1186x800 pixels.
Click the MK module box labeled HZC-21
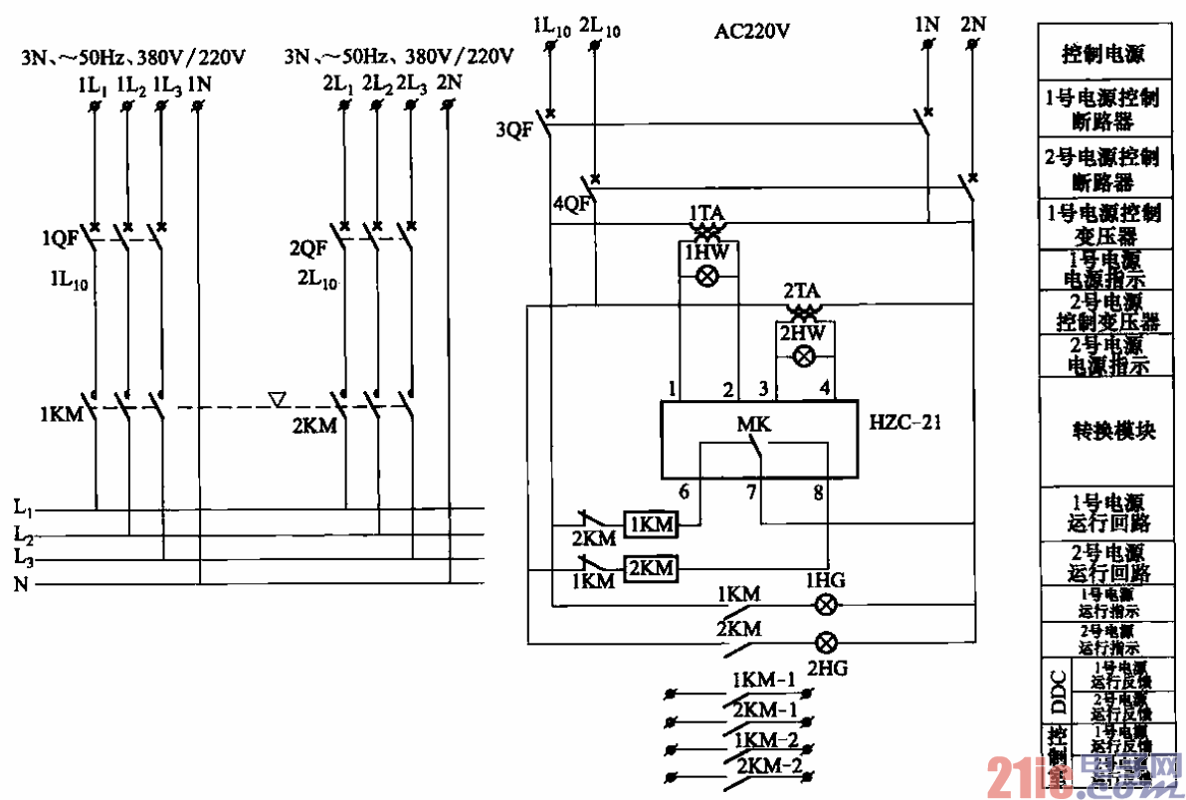pos(759,440)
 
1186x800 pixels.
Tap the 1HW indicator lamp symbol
pos(707,278)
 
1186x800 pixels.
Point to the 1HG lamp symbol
pos(825,604)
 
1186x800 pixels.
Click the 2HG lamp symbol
pos(825,641)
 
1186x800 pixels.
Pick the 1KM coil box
pos(651,523)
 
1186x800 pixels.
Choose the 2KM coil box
pos(651,568)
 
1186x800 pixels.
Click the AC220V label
pos(752,32)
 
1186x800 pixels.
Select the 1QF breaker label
pos(59,240)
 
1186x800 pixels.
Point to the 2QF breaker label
pos(308,247)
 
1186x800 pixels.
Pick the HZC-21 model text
pos(905,423)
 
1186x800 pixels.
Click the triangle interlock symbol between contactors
pos(279,400)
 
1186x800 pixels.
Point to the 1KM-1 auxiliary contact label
pos(764,682)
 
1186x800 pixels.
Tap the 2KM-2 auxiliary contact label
pos(768,766)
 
